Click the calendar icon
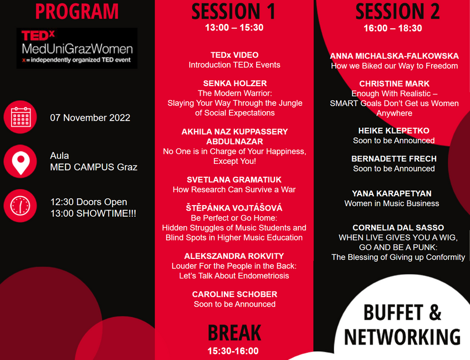click(x=21, y=117)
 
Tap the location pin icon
click(x=21, y=162)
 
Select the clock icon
click(x=21, y=206)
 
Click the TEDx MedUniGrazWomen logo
click(x=77, y=48)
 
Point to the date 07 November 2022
click(x=90, y=118)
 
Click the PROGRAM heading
click(x=77, y=12)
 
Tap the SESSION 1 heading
click(x=233, y=12)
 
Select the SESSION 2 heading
click(x=397, y=12)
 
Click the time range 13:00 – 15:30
click(x=234, y=28)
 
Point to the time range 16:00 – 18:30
click(x=393, y=28)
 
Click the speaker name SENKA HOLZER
click(x=235, y=83)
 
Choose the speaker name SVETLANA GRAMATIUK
click(x=234, y=180)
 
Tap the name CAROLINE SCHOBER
click(x=234, y=294)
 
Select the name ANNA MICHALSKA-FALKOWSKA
click(x=394, y=56)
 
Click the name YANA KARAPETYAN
click(x=392, y=194)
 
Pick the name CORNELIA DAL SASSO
click(x=398, y=228)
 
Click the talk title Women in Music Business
click(x=392, y=203)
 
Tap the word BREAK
click(x=234, y=333)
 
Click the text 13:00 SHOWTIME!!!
click(x=93, y=213)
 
